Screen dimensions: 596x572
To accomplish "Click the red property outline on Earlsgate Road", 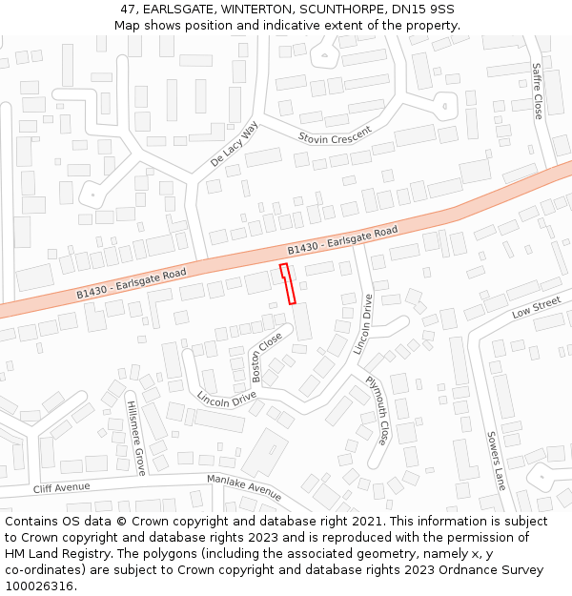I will tap(288, 284).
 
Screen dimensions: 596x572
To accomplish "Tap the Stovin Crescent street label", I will tap(335, 136).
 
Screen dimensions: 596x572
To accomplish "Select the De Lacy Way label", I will tap(235, 145).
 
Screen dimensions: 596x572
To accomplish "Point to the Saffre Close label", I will tap(537, 92).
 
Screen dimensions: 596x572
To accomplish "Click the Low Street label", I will tap(536, 308).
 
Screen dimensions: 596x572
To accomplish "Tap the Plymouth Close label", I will tap(378, 410).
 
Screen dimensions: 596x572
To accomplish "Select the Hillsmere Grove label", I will tap(136, 439).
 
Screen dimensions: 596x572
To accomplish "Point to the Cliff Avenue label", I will tap(61, 487).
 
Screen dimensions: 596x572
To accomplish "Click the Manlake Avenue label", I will tap(244, 487).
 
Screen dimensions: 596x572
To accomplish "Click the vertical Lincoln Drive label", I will tap(363, 324).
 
